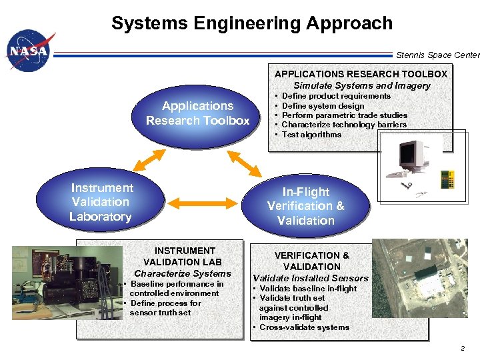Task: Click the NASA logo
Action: tap(28, 52)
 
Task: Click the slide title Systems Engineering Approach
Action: tap(252, 23)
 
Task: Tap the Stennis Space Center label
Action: tap(437, 55)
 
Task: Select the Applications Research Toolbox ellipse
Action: tap(198, 113)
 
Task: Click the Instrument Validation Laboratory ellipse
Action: tap(101, 202)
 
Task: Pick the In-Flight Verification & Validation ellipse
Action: tap(306, 206)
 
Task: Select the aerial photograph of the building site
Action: tap(419, 278)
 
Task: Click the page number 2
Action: tap(462, 349)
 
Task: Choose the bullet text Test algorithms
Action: tap(311, 135)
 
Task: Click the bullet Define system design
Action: tap(323, 106)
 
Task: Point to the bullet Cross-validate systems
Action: tap(304, 327)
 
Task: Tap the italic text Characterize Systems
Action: tap(183, 273)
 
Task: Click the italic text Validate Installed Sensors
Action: tap(311, 278)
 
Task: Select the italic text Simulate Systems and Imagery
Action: tap(362, 85)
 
